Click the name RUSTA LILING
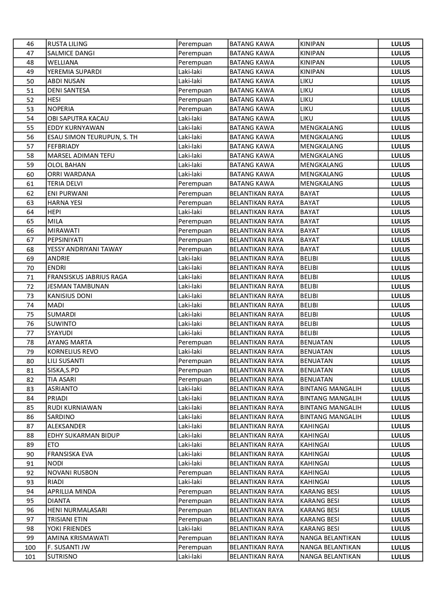point(67,44)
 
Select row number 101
point(30,557)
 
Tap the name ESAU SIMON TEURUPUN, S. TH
point(93,137)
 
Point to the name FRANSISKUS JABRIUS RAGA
point(87,277)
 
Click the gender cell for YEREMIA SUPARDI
point(190,72)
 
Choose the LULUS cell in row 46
point(401,44)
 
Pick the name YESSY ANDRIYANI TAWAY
point(85,249)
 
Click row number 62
point(30,193)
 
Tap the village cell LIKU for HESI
point(307,100)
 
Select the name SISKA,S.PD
point(63,370)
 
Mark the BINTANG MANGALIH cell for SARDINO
point(331,417)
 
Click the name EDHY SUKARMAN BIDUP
point(84,436)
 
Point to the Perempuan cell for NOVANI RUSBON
point(195,473)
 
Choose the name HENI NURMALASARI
point(77,510)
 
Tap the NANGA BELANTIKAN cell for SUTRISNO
point(330,557)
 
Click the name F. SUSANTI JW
point(69,547)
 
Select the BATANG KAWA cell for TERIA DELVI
point(252,184)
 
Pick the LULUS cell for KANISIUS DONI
point(401,296)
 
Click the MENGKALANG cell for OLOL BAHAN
point(321,165)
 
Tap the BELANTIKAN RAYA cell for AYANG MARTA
point(256,342)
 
